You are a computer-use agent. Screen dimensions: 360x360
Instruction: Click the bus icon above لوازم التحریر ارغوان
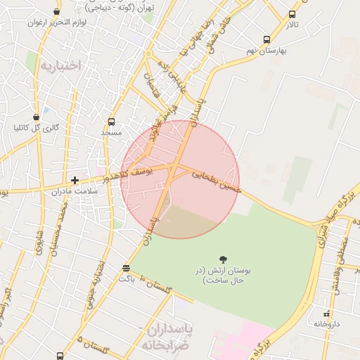click(x=57, y=11)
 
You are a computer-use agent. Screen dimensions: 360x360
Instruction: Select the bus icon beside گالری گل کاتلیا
click(x=36, y=117)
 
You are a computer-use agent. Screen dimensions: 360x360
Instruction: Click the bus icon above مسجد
click(x=111, y=122)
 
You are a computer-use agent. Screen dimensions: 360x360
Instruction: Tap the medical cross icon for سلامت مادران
click(x=75, y=180)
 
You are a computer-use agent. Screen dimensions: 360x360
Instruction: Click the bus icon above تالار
click(x=292, y=14)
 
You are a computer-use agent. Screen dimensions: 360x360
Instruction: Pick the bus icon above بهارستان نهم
click(x=266, y=40)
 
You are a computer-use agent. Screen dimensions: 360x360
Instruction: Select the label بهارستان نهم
click(x=264, y=51)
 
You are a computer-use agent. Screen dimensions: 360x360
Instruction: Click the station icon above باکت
click(x=126, y=268)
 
